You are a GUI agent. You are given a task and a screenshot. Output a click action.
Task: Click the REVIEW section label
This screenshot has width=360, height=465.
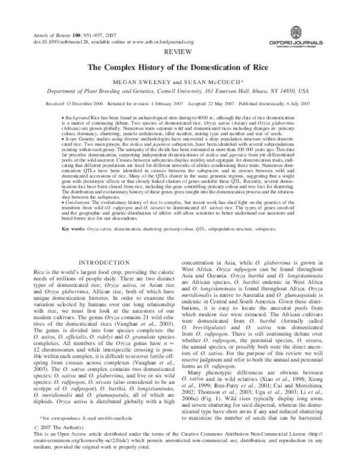click(x=179, y=53)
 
